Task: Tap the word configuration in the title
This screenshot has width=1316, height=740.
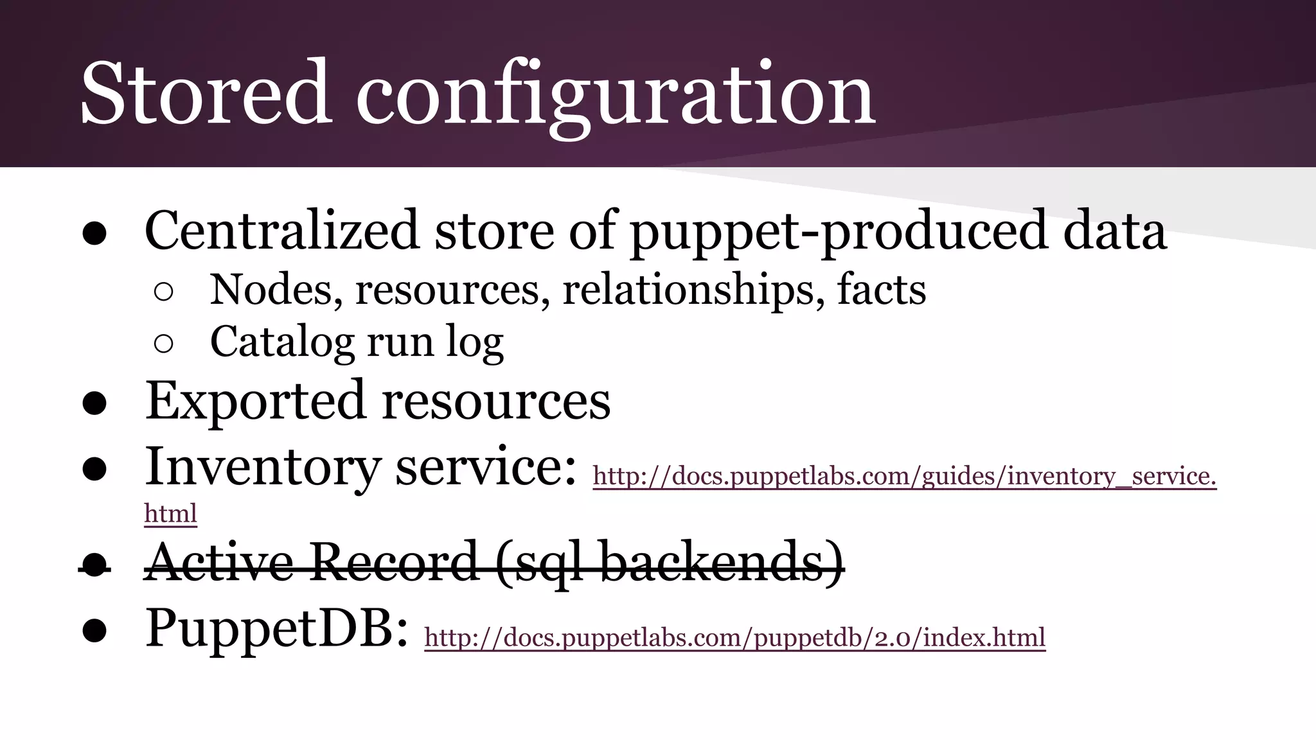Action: [615, 96]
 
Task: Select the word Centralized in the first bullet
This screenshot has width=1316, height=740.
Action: [281, 231]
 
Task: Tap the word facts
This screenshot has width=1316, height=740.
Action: [881, 290]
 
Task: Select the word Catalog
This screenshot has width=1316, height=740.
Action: [281, 342]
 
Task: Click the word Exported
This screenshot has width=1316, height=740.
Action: [254, 401]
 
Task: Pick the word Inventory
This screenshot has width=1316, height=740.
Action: [262, 468]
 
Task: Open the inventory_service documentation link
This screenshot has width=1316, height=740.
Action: [904, 477]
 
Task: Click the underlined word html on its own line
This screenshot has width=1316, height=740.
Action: [170, 514]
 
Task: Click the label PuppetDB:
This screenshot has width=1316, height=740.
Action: [276, 629]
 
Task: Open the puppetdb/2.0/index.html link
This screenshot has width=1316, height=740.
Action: [734, 638]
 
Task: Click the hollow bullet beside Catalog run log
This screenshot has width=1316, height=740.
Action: [164, 344]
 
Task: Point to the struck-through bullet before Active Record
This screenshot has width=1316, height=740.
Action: [94, 566]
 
